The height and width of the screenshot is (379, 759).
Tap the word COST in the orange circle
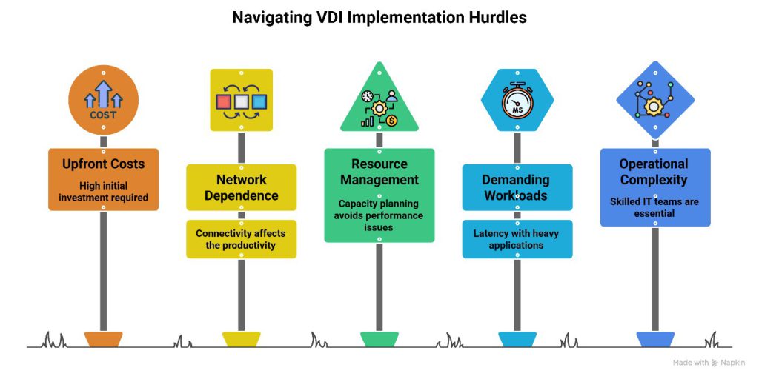(x=103, y=115)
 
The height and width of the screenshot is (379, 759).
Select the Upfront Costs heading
(x=103, y=164)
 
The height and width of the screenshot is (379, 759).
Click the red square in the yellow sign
(x=223, y=101)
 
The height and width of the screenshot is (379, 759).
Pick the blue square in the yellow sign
(x=259, y=101)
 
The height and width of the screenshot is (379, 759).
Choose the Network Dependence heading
(x=241, y=187)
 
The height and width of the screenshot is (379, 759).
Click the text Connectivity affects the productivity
(x=241, y=239)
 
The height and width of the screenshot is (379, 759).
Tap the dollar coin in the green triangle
(x=391, y=121)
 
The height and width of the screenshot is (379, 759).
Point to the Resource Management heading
(x=379, y=172)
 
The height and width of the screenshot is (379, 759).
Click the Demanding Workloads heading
(x=517, y=187)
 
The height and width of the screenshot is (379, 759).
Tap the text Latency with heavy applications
(x=516, y=239)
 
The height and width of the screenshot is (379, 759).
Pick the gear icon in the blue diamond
(x=653, y=106)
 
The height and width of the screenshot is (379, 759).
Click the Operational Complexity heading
(x=654, y=172)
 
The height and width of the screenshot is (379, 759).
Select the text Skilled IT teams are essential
(x=654, y=207)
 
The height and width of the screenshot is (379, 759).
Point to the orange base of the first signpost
(x=103, y=339)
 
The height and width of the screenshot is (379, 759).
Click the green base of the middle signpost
(x=379, y=339)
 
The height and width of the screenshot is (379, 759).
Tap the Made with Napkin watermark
(x=709, y=363)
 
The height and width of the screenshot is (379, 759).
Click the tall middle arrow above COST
(x=103, y=94)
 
